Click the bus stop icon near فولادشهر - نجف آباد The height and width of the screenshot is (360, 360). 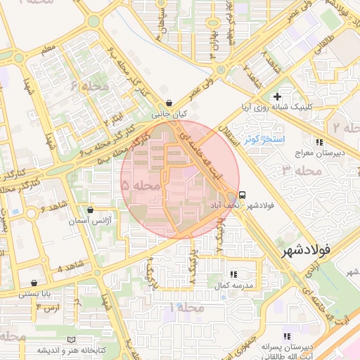pyautogui.click(x=242, y=195)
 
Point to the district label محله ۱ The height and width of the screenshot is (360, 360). pyautogui.click(x=186, y=308)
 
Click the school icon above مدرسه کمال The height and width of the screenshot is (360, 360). pyautogui.click(x=233, y=275)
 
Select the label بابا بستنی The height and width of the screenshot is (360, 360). pyautogui.click(x=34, y=293)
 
